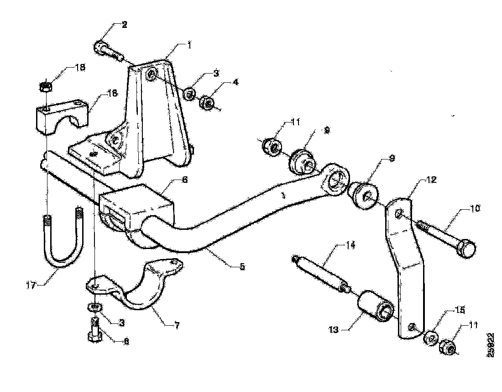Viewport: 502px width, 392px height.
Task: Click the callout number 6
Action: click(185, 180)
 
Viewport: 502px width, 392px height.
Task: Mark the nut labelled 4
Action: click(208, 103)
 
